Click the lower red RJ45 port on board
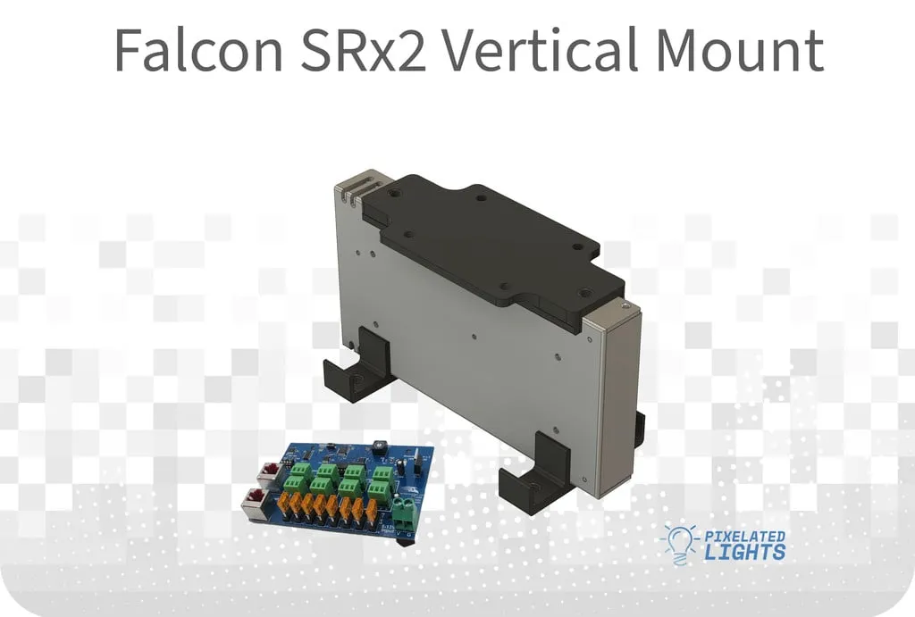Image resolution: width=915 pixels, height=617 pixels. pyautogui.click(x=256, y=503)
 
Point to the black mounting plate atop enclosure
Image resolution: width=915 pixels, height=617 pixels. pyautogui.click(x=491, y=241)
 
